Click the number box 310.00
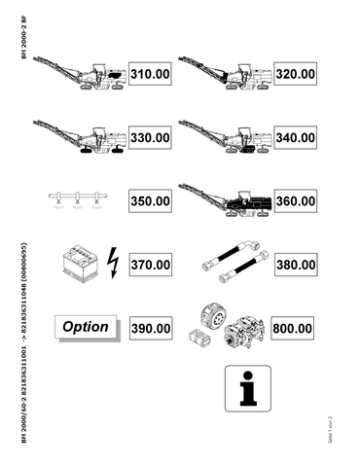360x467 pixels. (151, 74)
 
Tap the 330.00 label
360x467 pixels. (151, 138)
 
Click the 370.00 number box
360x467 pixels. (151, 264)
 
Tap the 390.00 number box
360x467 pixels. (151, 329)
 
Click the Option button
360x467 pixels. (86, 327)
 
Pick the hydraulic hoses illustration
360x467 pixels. (232, 263)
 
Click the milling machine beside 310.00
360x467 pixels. (83, 74)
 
